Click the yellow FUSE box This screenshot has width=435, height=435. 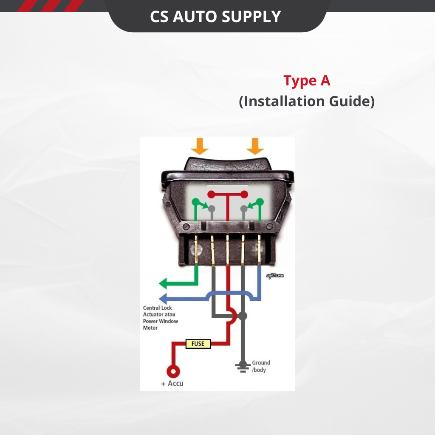[198, 344]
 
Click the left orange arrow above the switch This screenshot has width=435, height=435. [200, 146]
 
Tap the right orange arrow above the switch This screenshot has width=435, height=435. [255, 146]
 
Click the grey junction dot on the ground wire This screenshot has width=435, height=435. [243, 316]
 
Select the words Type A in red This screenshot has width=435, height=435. [307, 81]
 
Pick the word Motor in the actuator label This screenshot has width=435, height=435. [150, 328]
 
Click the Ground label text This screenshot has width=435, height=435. [261, 363]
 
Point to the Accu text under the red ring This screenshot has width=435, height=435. [175, 384]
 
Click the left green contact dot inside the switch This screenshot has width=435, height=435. [196, 202]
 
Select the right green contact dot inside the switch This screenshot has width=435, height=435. [260, 202]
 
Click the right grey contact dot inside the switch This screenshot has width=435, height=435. [244, 209]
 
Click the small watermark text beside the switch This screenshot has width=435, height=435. [275, 276]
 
